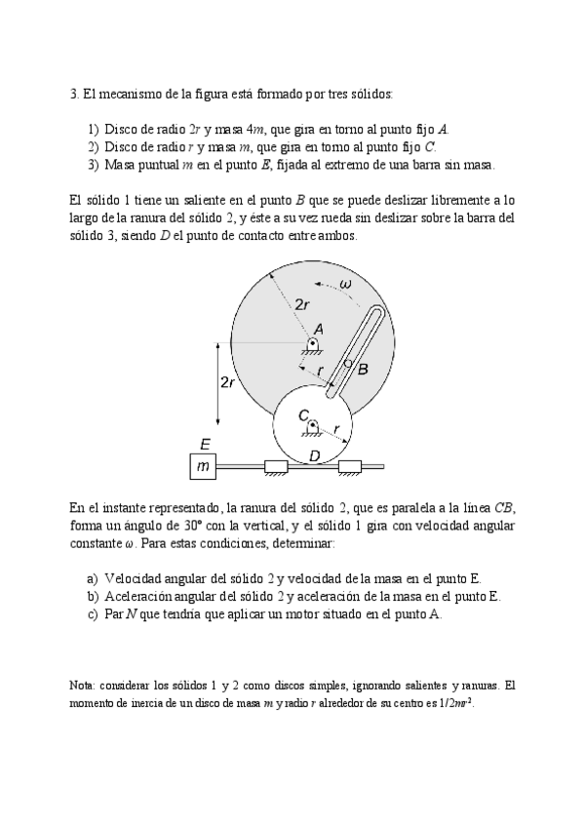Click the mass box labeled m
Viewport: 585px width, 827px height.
(203, 467)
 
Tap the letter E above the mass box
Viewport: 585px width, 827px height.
(205, 444)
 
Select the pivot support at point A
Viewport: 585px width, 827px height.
(313, 346)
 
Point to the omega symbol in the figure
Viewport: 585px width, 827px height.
(346, 284)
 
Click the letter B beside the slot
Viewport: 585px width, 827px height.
(363, 370)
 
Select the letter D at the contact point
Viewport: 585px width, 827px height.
(314, 455)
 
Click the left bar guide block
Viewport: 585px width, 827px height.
(277, 467)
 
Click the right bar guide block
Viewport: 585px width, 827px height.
(350, 467)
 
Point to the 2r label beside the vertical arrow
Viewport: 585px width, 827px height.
(227, 382)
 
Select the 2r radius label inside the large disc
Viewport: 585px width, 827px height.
(303, 304)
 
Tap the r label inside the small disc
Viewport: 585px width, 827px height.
(336, 429)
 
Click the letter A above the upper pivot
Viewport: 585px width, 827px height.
(318, 330)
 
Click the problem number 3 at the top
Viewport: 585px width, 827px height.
(74, 95)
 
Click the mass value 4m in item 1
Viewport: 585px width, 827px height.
(256, 129)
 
